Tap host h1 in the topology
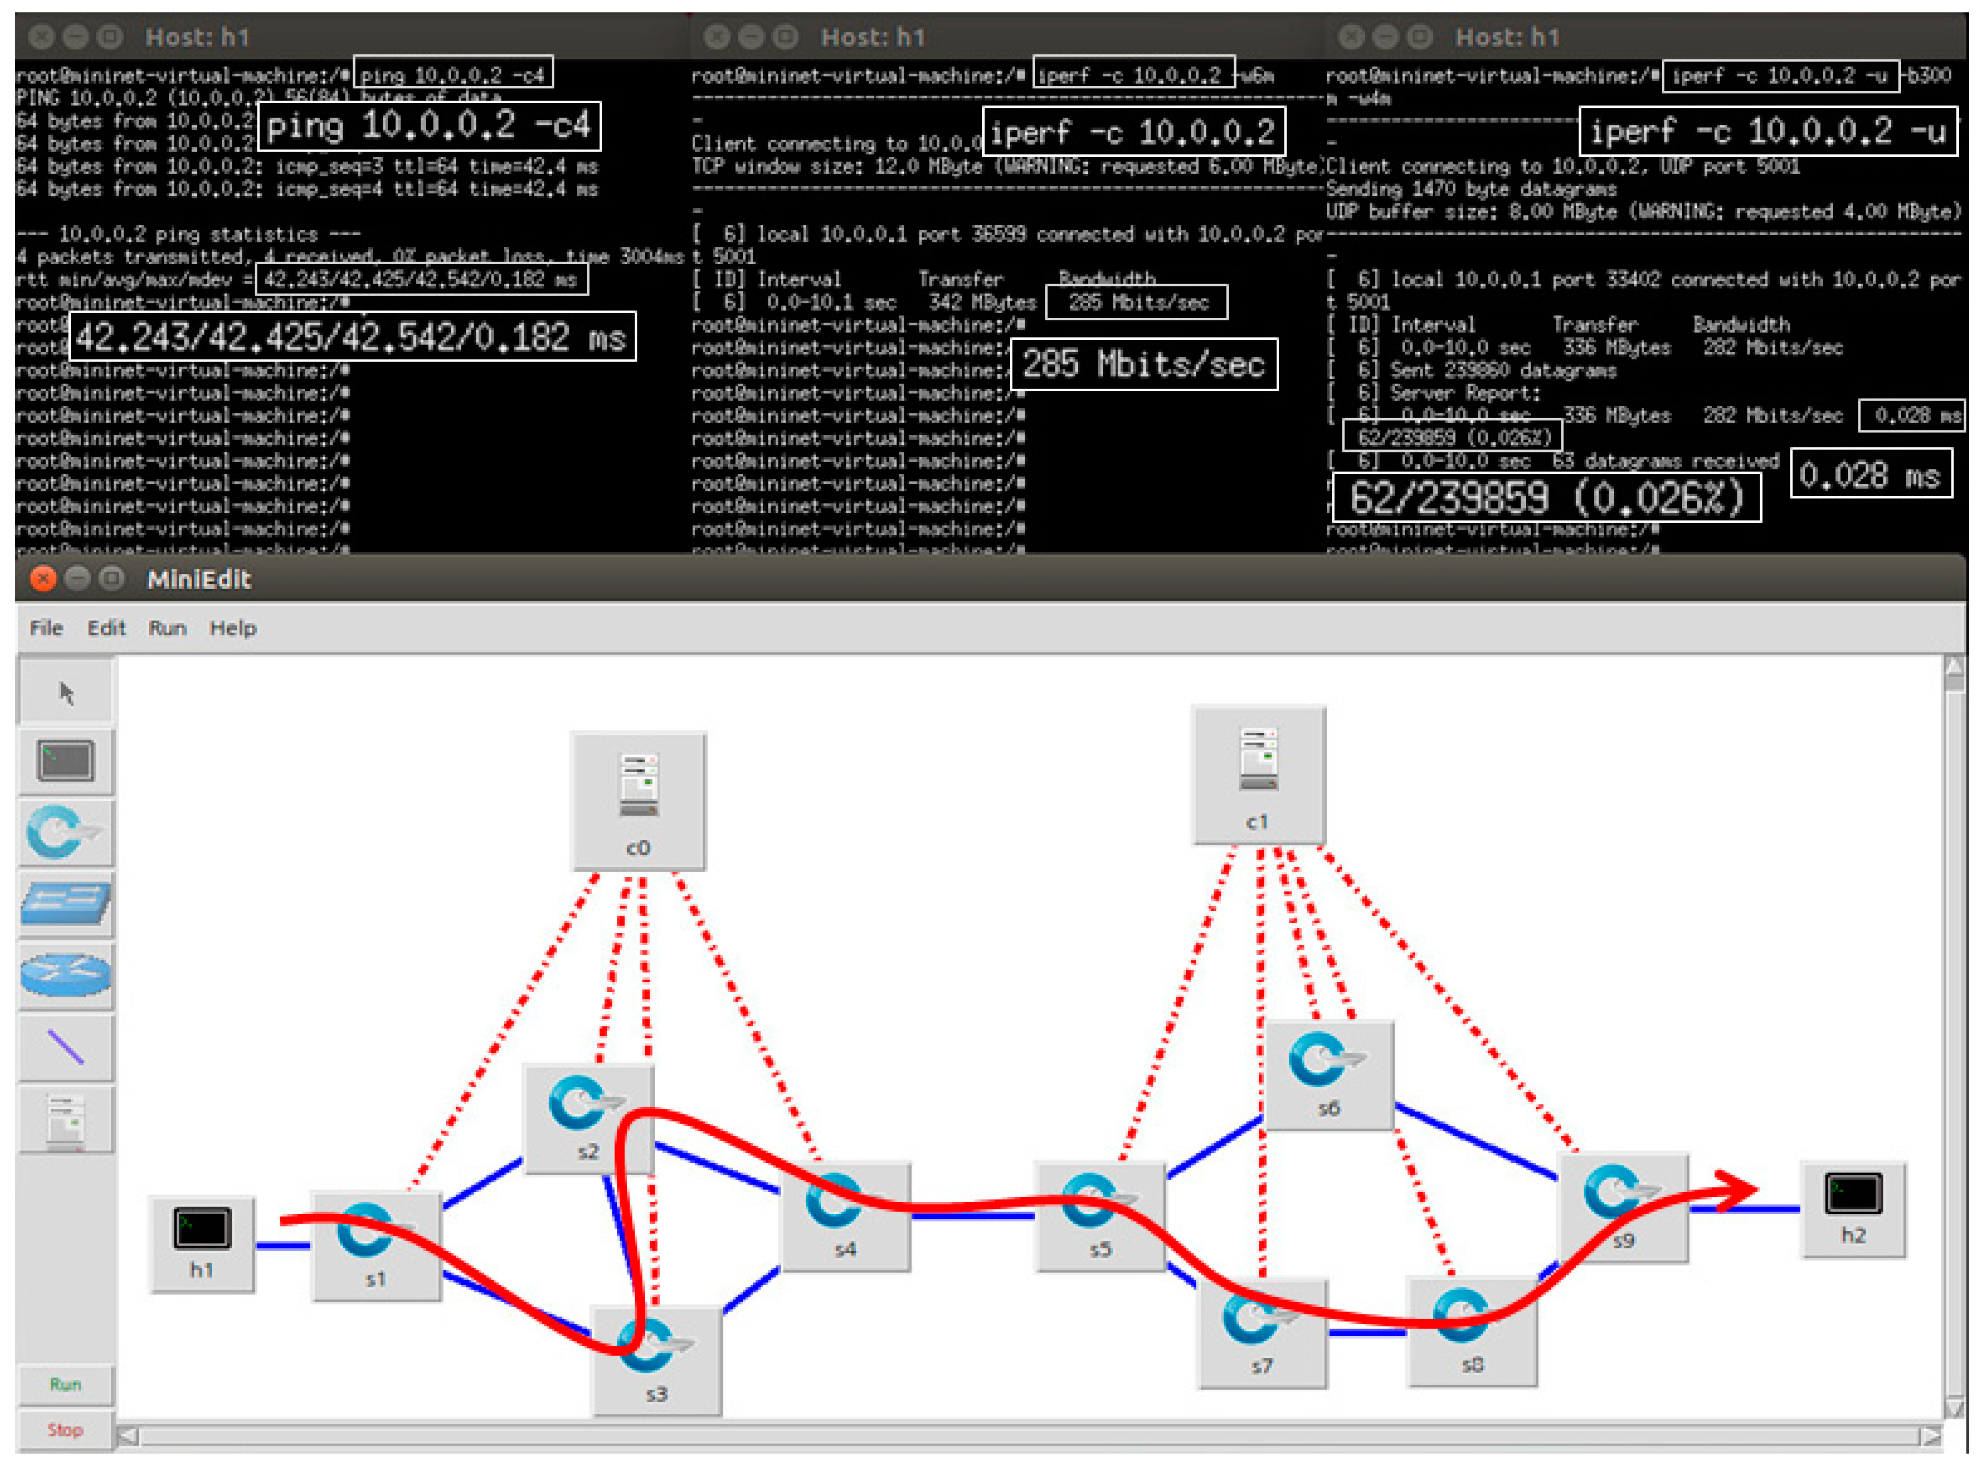coord(202,1243)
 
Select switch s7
coord(1262,1333)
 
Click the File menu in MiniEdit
coord(47,628)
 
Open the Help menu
coord(232,628)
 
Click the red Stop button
coord(65,1429)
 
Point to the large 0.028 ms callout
coord(1870,475)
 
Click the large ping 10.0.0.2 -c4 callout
coord(429,126)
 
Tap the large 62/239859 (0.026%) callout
coord(1545,498)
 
